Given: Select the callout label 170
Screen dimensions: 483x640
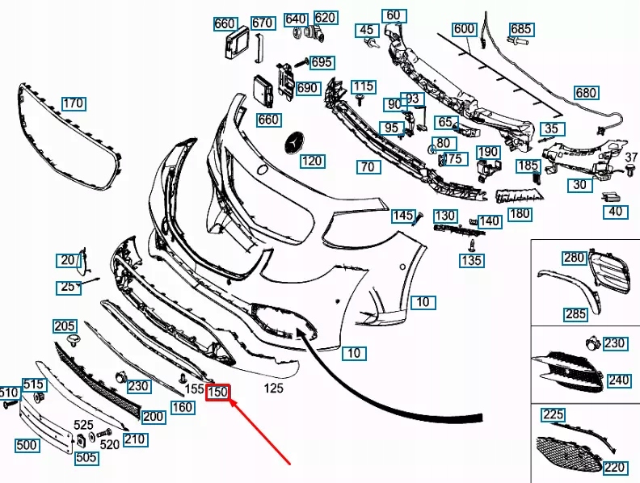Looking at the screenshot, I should (74, 103).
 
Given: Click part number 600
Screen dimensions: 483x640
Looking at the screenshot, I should (464, 29).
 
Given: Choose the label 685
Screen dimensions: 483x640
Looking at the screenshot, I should (520, 30).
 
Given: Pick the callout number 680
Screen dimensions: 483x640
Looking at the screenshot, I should (586, 92).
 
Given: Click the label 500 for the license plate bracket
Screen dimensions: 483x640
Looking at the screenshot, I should (27, 445).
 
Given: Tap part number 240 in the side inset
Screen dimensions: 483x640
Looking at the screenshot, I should (618, 380).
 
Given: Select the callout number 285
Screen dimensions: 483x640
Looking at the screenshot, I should (575, 313).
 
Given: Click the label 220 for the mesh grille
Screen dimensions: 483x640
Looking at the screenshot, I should (615, 467).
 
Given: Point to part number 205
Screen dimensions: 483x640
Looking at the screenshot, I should (65, 325).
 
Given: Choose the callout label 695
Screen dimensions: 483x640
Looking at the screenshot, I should (321, 62).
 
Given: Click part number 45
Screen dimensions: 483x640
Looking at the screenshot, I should (368, 31).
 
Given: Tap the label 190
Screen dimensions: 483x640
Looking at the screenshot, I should (488, 152).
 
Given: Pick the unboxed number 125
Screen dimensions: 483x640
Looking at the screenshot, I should (274, 389).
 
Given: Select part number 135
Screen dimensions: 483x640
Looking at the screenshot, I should (471, 260).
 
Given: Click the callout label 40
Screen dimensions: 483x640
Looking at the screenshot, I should (616, 212).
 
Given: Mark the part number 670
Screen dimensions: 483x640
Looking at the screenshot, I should (262, 23).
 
